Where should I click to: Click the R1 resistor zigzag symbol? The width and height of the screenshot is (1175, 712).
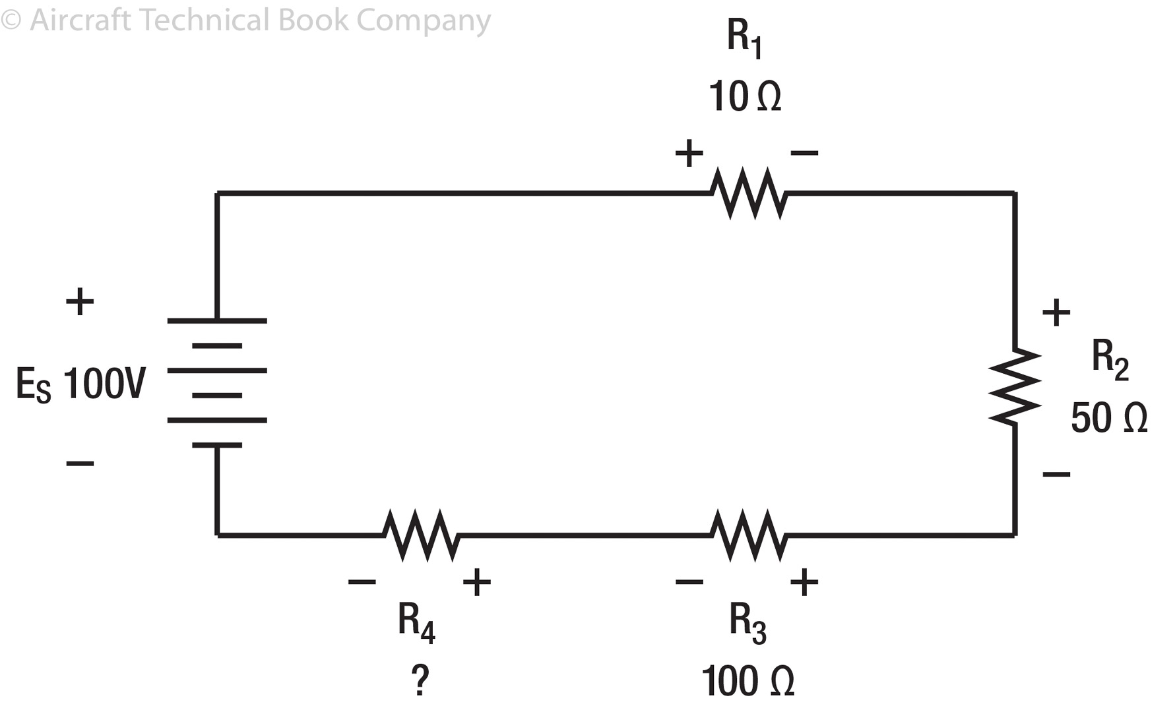pos(749,193)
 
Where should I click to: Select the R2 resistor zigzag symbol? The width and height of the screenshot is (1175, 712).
pos(1015,386)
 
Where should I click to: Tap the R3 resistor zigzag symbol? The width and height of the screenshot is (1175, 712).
pos(749,535)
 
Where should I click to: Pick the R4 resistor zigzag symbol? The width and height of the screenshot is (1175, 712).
pos(421,535)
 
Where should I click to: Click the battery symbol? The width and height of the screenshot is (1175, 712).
pos(217,382)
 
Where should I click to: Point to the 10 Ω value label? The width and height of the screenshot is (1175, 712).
pos(745,97)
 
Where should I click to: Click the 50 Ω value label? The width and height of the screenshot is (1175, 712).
pos(1109,418)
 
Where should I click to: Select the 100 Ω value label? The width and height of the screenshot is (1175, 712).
pos(747,682)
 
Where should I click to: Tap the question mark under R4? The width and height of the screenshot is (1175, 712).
pos(420,680)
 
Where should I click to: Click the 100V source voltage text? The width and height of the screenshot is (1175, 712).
pos(104,384)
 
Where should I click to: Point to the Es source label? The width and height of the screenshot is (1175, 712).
pos(33,385)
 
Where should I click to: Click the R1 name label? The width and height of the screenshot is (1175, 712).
pos(744,38)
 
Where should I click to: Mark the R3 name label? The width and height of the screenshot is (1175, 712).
pos(747,622)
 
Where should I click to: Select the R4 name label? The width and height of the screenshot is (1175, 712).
pos(416,622)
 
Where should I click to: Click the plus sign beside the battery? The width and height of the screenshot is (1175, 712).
pos(80,302)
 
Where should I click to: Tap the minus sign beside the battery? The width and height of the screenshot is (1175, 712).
pos(80,463)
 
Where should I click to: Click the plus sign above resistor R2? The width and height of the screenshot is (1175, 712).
pos(1056,312)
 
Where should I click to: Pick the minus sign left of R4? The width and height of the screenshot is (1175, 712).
pos(362,581)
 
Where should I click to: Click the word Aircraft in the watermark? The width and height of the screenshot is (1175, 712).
pos(80,20)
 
